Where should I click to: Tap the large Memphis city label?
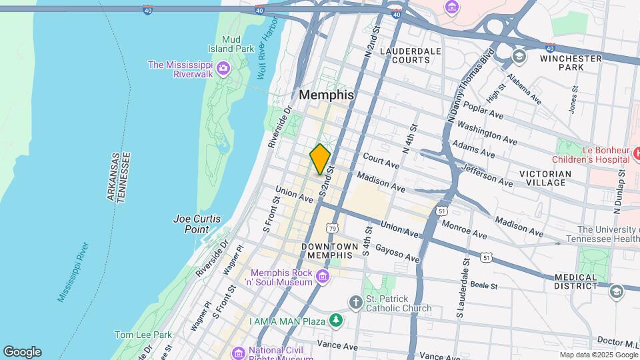[326, 95]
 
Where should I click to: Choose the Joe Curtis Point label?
[196, 223]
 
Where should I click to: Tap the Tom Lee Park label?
[143, 335]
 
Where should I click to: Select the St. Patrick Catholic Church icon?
[356, 303]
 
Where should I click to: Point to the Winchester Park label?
[571, 63]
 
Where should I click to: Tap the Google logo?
[22, 352]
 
